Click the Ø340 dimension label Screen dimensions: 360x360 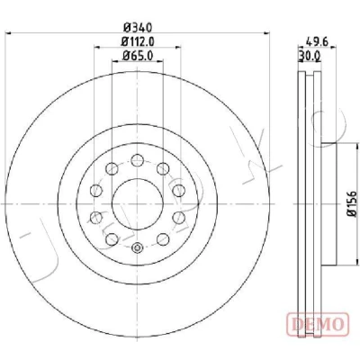tap(138, 28)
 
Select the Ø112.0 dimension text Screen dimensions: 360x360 tap(138, 41)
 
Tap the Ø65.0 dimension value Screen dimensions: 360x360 tap(138, 56)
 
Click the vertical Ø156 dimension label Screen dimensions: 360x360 tap(351, 203)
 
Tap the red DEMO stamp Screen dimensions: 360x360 tap(318, 324)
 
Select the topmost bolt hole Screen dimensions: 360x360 tap(138, 160)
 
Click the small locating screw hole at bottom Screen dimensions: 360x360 tap(138, 247)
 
